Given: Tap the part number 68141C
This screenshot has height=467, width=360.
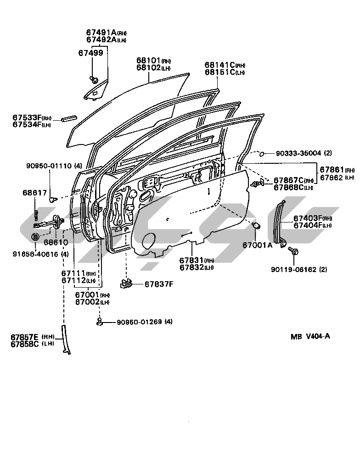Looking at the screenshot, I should pyautogui.click(x=220, y=65).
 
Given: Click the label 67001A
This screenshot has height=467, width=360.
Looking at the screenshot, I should pyautogui.click(x=257, y=245).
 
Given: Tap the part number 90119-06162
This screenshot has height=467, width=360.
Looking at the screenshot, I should pyautogui.click(x=298, y=270).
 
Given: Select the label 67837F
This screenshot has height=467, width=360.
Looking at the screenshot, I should pyautogui.click(x=158, y=284).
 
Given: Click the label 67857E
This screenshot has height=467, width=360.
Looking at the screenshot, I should pyautogui.click(x=25, y=336).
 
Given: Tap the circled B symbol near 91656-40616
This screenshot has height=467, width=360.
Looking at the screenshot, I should pyautogui.click(x=35, y=237).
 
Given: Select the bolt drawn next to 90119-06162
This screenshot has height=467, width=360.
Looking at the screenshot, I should pyautogui.click(x=294, y=251).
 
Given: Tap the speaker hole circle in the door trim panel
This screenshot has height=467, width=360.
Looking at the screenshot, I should pyautogui.click(x=149, y=241).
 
